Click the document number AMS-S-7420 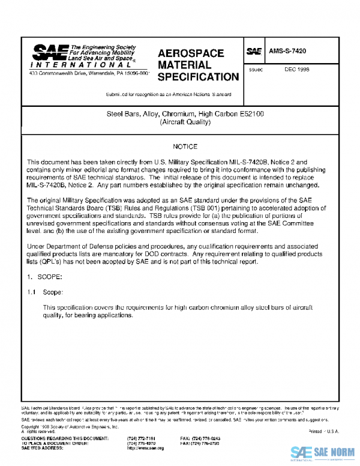288,52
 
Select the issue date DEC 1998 297,70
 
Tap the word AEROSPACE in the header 191,53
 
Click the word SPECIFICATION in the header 198,77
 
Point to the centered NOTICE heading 185,147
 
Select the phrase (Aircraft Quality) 185,122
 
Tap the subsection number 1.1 32,292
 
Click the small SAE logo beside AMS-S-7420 254,52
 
